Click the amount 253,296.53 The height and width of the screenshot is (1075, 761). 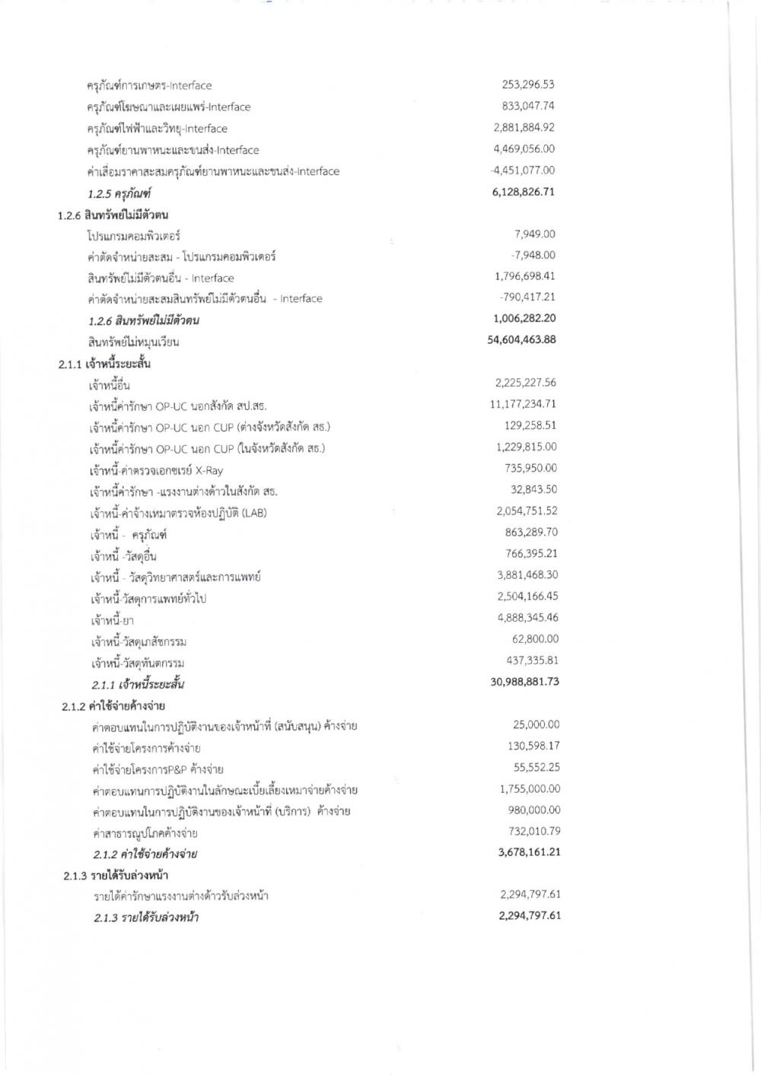point(527,84)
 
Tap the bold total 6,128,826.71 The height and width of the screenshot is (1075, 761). point(524,192)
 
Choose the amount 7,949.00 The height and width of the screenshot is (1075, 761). point(535,234)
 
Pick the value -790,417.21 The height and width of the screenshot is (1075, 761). point(527,297)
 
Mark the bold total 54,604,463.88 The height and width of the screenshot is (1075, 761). point(521,339)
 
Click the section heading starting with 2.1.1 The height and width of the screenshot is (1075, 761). point(104,364)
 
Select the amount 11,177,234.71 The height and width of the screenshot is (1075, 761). point(523,404)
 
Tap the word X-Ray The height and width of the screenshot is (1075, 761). point(209,470)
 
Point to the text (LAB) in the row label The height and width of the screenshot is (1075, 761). point(253,513)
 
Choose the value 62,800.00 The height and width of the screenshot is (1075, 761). point(535,639)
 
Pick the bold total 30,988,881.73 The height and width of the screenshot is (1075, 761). point(524,682)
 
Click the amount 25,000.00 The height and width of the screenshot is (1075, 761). point(537,724)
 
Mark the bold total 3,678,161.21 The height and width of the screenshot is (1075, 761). point(529,852)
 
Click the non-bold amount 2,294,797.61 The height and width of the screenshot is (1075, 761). point(530,895)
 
